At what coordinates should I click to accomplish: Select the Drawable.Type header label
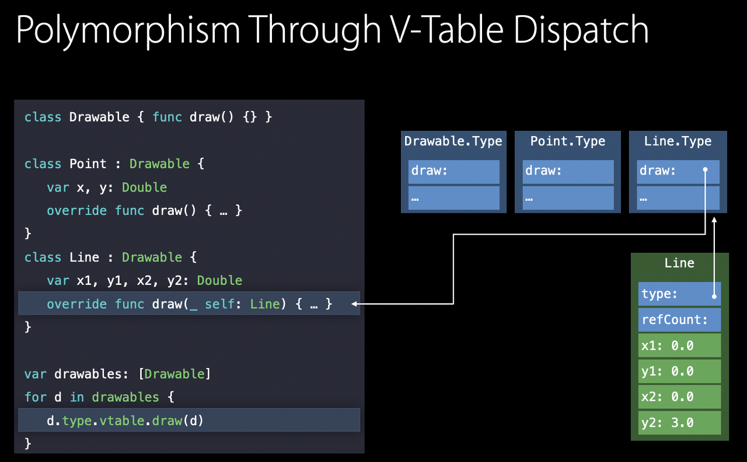453,141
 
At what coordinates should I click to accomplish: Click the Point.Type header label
567,141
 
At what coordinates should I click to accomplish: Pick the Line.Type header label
678,141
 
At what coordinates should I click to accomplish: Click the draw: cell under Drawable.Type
453,171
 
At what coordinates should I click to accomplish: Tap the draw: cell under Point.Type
568,171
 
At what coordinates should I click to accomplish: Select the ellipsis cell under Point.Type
568,198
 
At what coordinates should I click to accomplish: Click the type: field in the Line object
679,294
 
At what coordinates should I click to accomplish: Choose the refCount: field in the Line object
679,319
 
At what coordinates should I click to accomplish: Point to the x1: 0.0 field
679,346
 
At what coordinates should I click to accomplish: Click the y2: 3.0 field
679,422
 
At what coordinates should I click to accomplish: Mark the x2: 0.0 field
679,397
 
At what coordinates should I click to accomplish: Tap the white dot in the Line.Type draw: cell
705,171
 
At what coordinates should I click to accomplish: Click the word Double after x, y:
144,187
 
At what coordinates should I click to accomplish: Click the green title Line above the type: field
679,263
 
